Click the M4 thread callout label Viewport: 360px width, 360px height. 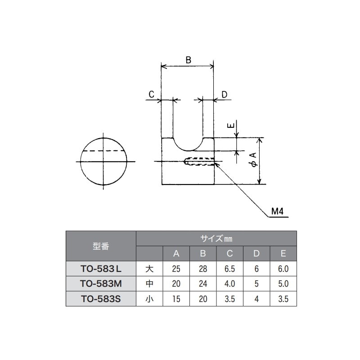pyautogui.click(x=277, y=211)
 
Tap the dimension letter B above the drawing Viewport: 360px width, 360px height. pyautogui.click(x=188, y=60)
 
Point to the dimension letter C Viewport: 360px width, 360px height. pyautogui.click(x=152, y=94)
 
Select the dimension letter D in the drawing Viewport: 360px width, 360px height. pyautogui.click(x=224, y=94)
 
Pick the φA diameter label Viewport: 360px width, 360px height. pyautogui.click(x=254, y=160)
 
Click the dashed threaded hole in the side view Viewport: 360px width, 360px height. pyautogui.click(x=199, y=161)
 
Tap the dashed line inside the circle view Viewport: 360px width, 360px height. pyautogui.click(x=103, y=151)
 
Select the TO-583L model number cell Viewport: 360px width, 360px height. pyautogui.click(x=101, y=269)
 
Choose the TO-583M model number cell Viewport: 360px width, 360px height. pyautogui.click(x=101, y=284)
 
